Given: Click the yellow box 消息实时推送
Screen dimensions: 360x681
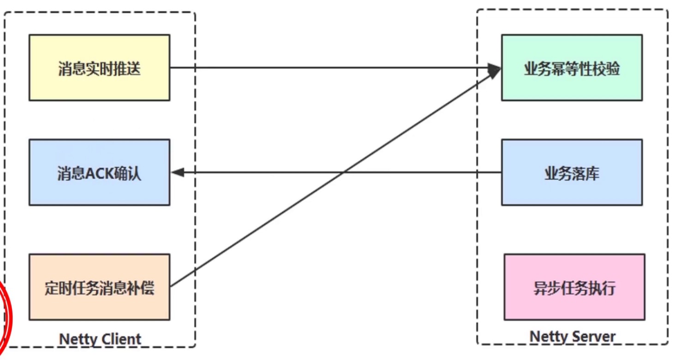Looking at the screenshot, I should [x=99, y=67].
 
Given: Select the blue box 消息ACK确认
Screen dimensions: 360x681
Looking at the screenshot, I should [x=99, y=172].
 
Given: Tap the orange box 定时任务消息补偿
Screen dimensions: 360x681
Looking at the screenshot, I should [x=99, y=287].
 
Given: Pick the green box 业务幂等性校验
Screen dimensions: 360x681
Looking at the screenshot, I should [x=572, y=67].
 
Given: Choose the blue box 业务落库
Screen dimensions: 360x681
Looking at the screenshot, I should [x=572, y=172].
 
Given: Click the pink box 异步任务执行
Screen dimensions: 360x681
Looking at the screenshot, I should [x=574, y=287].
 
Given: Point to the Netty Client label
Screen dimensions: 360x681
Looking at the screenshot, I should [x=100, y=339].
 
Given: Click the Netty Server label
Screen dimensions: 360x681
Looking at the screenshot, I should [x=572, y=336].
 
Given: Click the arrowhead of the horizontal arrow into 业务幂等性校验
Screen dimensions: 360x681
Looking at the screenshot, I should [x=495, y=68].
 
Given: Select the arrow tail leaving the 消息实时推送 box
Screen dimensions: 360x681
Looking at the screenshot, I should [x=172, y=67].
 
